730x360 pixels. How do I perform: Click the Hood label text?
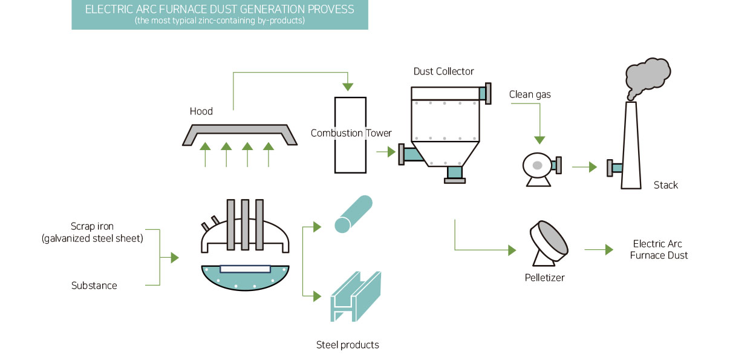pyautogui.click(x=201, y=111)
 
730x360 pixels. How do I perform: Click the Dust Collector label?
pyautogui.click(x=443, y=71)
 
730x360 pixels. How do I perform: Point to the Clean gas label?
pyautogui.click(x=530, y=94)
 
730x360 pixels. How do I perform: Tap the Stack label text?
pyautogui.click(x=665, y=185)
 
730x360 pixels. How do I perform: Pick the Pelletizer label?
pyautogui.click(x=545, y=278)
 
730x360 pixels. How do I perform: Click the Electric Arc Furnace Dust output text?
pyautogui.click(x=658, y=249)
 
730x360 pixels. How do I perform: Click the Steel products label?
pyautogui.click(x=347, y=345)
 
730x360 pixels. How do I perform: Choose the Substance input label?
pyautogui.click(x=94, y=286)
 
